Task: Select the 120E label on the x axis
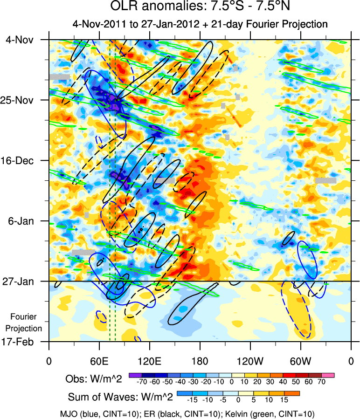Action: [x=149, y=361]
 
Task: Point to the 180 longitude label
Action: [x=200, y=361]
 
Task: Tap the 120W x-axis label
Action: [x=250, y=361]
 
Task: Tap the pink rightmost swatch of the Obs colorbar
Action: [x=328, y=375]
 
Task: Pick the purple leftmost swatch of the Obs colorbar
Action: [x=135, y=375]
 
